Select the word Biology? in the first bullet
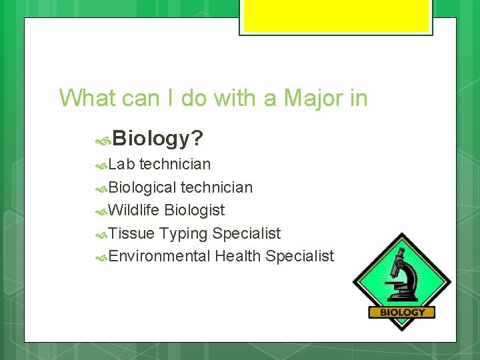[x=158, y=139]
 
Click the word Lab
[x=122, y=164]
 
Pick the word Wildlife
[x=134, y=211]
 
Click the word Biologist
[x=195, y=211]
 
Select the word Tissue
[x=131, y=233]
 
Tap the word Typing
[x=183, y=234]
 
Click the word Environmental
[x=159, y=256]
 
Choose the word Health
[x=238, y=256]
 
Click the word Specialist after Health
[x=299, y=256]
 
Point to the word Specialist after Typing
[x=247, y=234]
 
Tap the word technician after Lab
[x=175, y=164]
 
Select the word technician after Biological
[x=217, y=187]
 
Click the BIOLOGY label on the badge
[x=402, y=312]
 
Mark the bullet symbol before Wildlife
[x=101, y=211]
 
